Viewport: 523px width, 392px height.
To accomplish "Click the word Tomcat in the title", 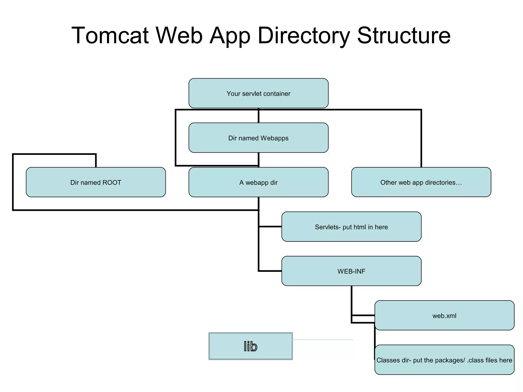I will point(110,36).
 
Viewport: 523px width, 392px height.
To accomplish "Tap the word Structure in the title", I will point(404,36).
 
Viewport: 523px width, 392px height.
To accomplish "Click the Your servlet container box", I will point(258,93).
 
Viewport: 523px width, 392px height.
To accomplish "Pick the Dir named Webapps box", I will point(258,138).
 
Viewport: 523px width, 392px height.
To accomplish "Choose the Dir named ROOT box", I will point(96,182).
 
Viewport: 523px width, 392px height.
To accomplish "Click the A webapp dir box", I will point(258,182).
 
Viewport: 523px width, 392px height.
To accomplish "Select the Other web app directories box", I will point(421,182).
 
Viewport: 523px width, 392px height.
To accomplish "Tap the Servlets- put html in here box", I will point(351,227).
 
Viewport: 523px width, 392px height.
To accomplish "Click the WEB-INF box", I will point(351,271).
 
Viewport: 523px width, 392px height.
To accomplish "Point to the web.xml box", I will point(444,315).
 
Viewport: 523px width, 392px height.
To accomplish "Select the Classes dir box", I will point(444,360).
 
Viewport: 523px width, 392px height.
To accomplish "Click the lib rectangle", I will point(251,346).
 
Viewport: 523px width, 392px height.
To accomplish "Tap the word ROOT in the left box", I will point(112,182).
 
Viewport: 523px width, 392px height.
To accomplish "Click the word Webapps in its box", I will point(275,138).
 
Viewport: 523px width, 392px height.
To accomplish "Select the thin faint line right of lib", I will point(323,340).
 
